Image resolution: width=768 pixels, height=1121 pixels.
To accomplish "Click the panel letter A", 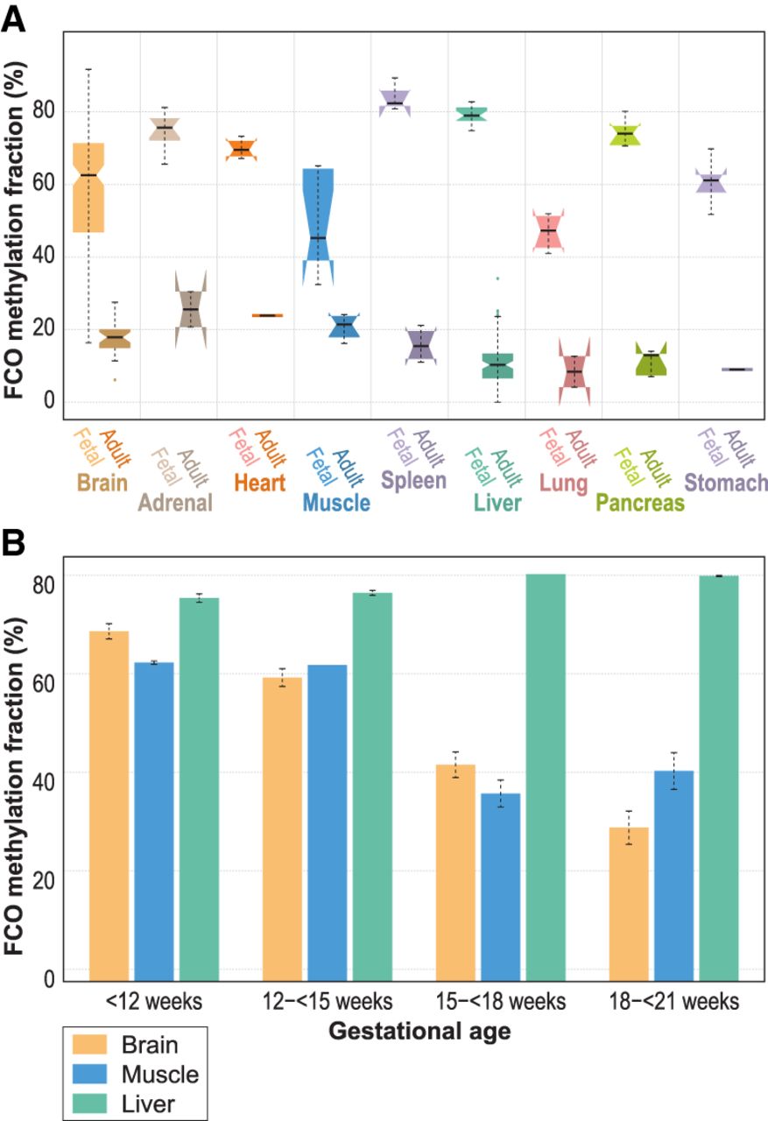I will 15,18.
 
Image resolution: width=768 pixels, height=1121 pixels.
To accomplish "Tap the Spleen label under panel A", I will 412,481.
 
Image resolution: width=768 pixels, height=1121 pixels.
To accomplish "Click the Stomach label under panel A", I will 727,482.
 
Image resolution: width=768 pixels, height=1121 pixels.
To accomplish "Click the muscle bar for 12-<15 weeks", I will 328,823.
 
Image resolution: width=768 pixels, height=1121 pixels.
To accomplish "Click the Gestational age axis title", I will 420,1033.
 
